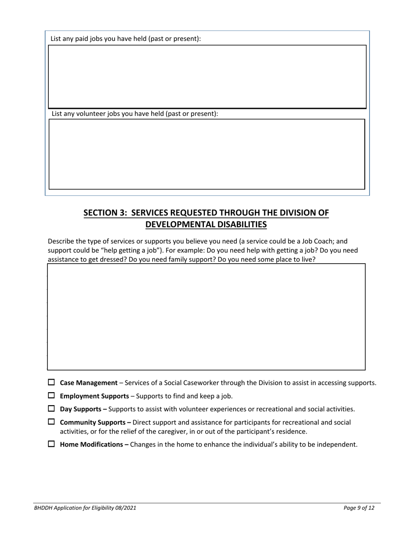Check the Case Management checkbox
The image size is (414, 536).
coord(51,382)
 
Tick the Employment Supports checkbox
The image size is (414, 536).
coord(51,395)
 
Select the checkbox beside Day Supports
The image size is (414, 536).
coord(51,408)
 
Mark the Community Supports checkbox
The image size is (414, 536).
coord(51,421)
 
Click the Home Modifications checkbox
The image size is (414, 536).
coord(51,444)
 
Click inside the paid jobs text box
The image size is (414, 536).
coord(207,77)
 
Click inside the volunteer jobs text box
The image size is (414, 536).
coord(207,154)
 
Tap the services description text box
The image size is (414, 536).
coord(206,317)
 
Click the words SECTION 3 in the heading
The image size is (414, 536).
coord(105,213)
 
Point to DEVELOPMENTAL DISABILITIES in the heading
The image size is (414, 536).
coord(206,224)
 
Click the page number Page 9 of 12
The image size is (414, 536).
coord(359,508)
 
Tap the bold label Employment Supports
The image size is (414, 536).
coord(94,396)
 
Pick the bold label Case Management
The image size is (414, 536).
coord(88,383)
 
